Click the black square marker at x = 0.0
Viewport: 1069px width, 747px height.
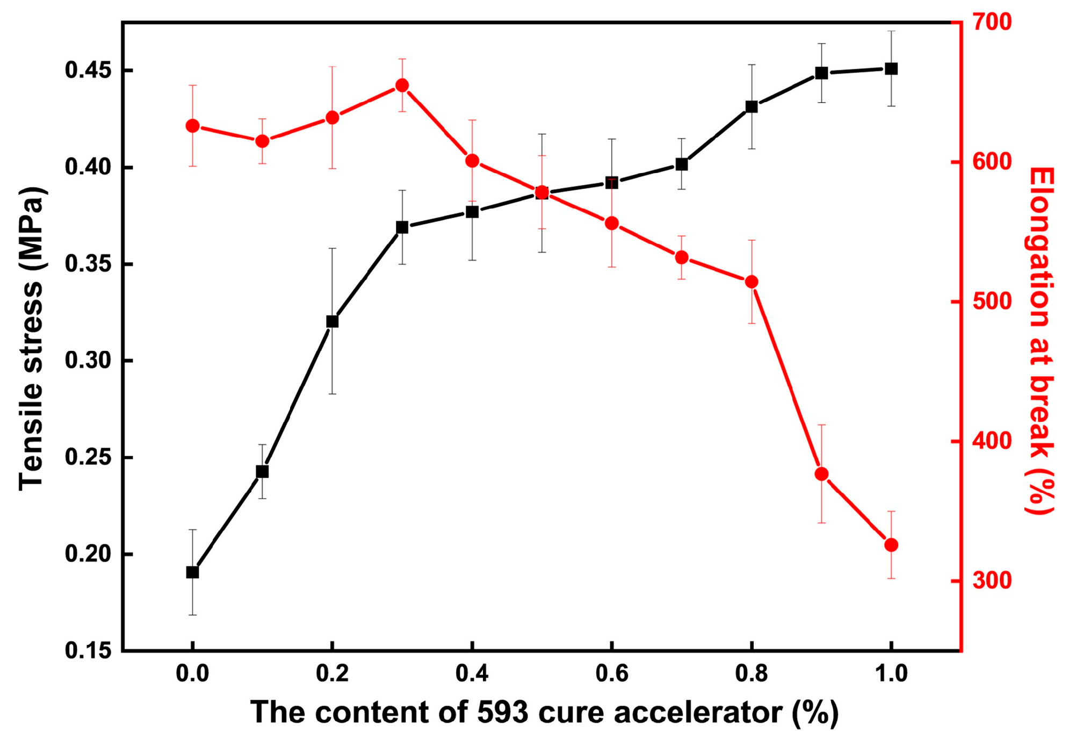coord(192,572)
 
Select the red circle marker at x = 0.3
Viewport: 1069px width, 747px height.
coord(402,85)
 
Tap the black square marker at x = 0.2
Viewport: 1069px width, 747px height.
coord(333,321)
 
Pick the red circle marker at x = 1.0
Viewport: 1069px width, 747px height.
coord(891,545)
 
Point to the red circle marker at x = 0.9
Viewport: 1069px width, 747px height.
coord(821,474)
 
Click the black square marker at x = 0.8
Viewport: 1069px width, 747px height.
coord(752,107)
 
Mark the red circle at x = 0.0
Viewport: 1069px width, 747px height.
coord(192,126)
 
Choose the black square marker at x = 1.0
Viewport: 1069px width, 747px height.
coord(891,69)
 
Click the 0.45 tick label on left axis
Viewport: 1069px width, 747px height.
coord(88,70)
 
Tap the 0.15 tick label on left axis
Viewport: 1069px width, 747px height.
coord(88,651)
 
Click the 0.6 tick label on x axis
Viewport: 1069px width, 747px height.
coord(612,673)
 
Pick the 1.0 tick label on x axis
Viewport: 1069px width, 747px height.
coord(891,673)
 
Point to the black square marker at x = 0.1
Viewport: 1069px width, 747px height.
coord(262,471)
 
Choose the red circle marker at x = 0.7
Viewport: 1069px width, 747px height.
coord(682,257)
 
